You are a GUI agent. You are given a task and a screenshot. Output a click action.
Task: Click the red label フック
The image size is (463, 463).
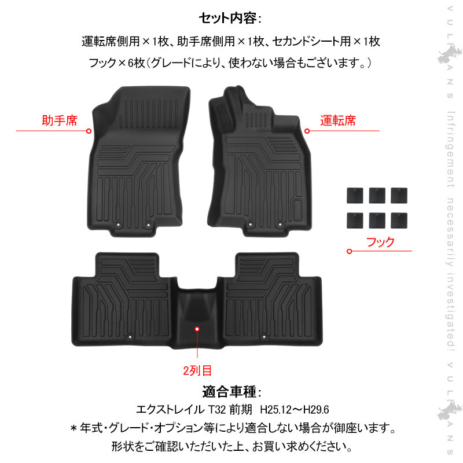pos(381,241)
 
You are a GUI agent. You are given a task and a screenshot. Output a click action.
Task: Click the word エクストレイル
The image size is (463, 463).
pos(170,410)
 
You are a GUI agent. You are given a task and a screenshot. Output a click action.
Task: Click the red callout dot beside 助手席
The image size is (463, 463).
pos(89,131)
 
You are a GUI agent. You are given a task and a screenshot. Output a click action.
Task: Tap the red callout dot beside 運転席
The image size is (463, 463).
pos(307,131)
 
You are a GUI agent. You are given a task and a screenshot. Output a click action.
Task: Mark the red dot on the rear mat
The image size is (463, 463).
pos(197,329)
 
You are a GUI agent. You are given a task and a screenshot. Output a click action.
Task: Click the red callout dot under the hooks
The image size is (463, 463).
pos(349,251)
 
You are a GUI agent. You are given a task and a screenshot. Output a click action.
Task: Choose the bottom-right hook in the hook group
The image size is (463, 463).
pos(398,220)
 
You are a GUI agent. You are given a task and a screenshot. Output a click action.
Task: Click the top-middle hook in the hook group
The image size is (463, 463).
pos(376,194)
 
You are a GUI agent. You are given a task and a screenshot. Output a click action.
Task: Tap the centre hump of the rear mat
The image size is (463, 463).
pos(197,315)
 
